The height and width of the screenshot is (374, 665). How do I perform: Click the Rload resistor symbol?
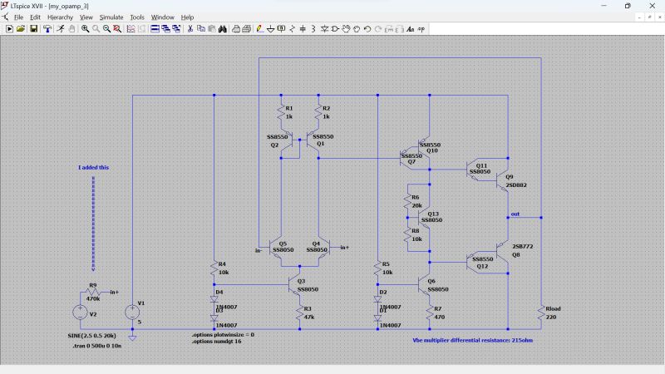[x=541, y=312]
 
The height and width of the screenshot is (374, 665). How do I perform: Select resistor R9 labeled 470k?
[x=92, y=293]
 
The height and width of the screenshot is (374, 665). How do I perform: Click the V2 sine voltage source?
[x=80, y=312]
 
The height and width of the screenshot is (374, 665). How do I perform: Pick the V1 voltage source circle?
[x=132, y=312]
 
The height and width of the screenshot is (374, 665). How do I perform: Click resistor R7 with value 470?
[x=430, y=312]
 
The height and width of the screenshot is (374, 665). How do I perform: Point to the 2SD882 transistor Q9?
[x=503, y=180]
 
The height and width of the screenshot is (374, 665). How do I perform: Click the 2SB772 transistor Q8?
[x=503, y=252]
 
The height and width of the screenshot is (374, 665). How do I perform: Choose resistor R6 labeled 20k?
[x=408, y=201]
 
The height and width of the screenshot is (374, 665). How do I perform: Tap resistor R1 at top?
[x=280, y=112]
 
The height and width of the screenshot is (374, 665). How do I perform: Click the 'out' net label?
[x=515, y=214]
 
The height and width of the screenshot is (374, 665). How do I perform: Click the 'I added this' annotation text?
[x=93, y=167]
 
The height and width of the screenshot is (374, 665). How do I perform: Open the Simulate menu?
[x=111, y=17]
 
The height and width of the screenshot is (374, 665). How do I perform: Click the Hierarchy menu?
[x=60, y=17]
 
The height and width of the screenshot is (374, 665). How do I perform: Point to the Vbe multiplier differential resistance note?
[x=471, y=340]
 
